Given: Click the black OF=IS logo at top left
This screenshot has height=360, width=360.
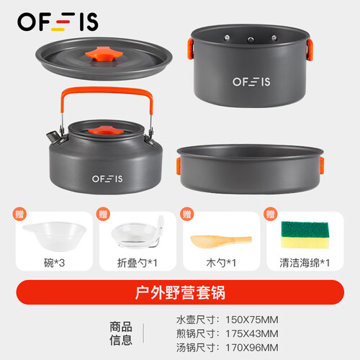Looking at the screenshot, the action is click(x=58, y=22).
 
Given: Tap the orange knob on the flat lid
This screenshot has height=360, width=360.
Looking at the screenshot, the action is click(x=104, y=54).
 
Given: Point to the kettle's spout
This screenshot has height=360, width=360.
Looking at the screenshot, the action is click(x=53, y=138).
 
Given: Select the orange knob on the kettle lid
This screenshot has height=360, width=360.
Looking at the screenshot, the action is click(x=106, y=130).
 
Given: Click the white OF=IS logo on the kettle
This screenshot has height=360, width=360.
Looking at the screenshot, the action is click(x=107, y=179).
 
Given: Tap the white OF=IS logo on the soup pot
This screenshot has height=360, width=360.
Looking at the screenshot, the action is click(x=251, y=82).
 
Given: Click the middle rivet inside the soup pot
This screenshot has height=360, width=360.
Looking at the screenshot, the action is click(x=251, y=40).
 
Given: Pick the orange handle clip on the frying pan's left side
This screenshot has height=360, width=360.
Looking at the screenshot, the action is click(x=179, y=166).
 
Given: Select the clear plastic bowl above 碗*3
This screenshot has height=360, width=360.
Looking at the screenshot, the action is click(x=55, y=236).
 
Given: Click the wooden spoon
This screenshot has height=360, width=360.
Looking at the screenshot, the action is click(x=221, y=241).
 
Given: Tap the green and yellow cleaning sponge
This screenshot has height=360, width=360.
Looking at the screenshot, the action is click(x=305, y=235).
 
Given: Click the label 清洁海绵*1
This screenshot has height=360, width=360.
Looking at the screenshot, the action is click(x=305, y=263).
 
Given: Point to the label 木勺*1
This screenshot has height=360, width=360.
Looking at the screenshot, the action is click(x=221, y=263).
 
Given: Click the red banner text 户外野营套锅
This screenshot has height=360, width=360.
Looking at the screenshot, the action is click(x=180, y=292).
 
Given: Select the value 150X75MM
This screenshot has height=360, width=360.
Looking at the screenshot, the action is click(x=252, y=320).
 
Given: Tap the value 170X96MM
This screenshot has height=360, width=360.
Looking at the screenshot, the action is click(x=252, y=348).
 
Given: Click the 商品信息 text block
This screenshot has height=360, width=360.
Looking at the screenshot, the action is click(x=121, y=333).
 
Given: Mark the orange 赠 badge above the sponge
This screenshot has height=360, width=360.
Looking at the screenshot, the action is click(x=271, y=214).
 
